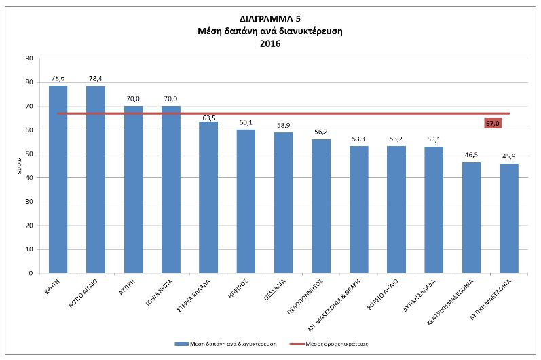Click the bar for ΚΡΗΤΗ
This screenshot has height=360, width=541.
tap(58, 179)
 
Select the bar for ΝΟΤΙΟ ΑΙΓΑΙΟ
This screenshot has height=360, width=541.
tap(96, 179)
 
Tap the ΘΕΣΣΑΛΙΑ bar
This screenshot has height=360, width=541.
tap(283, 202)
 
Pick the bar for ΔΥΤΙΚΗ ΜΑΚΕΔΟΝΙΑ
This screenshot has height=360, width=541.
tap(509, 218)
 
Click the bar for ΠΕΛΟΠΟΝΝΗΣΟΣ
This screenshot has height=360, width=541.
tap(321, 206)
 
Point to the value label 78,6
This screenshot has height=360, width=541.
tap(58, 78)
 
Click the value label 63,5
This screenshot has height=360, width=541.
tap(209, 118)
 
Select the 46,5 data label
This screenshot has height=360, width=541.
tap(471, 155)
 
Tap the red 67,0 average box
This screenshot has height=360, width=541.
tap(493, 123)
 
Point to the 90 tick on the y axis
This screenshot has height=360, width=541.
tap(29, 58)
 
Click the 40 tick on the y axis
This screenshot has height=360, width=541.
tap(29, 178)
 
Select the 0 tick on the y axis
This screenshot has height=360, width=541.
tap(31, 273)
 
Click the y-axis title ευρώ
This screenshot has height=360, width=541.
tap(20, 166)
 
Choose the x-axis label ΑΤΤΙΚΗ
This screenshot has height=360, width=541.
tap(127, 287)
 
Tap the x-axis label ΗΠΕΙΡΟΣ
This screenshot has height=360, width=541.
tap(238, 289)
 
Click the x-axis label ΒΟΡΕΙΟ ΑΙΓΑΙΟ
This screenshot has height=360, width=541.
tap(382, 294)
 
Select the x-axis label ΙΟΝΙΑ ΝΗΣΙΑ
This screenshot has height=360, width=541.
tap(159, 293)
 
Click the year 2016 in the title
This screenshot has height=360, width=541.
tap(270, 44)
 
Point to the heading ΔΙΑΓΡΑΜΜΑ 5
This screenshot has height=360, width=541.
tap(270, 18)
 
